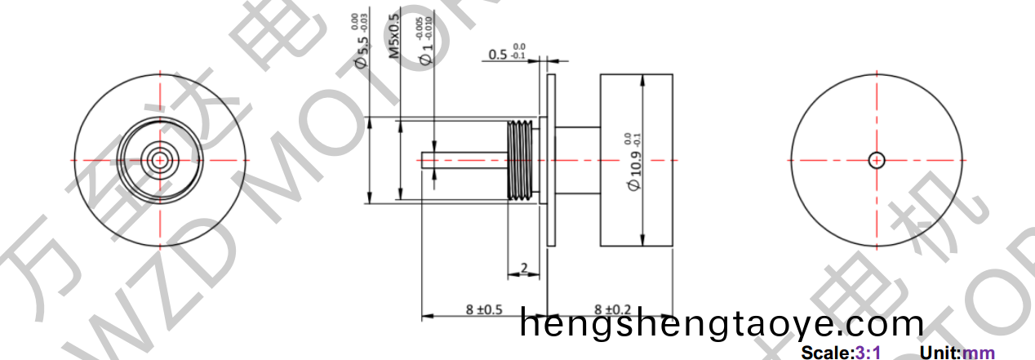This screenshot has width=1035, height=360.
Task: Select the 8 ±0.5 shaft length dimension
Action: tap(483, 309)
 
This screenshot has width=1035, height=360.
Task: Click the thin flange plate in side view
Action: tap(551, 159)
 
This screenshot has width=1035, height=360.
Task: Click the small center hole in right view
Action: tap(877, 160)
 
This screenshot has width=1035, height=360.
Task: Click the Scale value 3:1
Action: tap(868, 353)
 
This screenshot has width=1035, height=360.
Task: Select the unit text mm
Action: tap(979, 353)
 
